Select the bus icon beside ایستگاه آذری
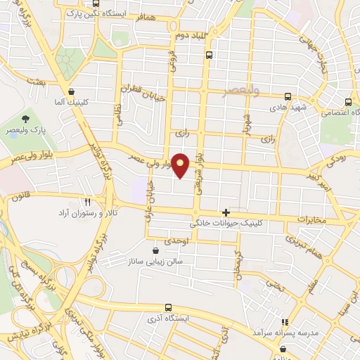[167, 307]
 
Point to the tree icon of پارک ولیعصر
[25, 117]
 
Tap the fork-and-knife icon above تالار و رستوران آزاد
[87, 201]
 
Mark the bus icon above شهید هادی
[287, 97]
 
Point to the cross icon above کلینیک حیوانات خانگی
[225, 212]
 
